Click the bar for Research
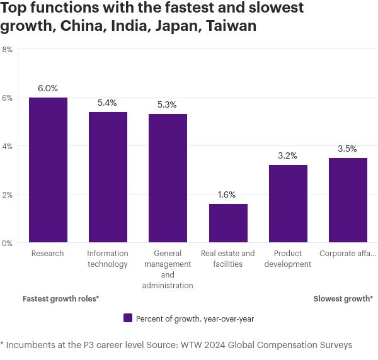click(48, 170)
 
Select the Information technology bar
click(108, 177)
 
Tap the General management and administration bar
click(168, 178)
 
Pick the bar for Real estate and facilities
click(228, 223)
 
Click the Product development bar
click(288, 203)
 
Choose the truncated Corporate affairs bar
click(348, 200)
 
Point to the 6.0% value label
click(48, 89)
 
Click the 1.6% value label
click(228, 195)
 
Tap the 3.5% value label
click(348, 149)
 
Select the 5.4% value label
click(108, 103)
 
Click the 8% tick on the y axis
click(8, 49)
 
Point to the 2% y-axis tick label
click(8, 194)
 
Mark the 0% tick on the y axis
click(8, 243)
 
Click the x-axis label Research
click(48, 254)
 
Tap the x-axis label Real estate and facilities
click(228, 259)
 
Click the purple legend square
click(127, 318)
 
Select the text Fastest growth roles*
click(60, 299)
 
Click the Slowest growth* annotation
click(343, 299)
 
